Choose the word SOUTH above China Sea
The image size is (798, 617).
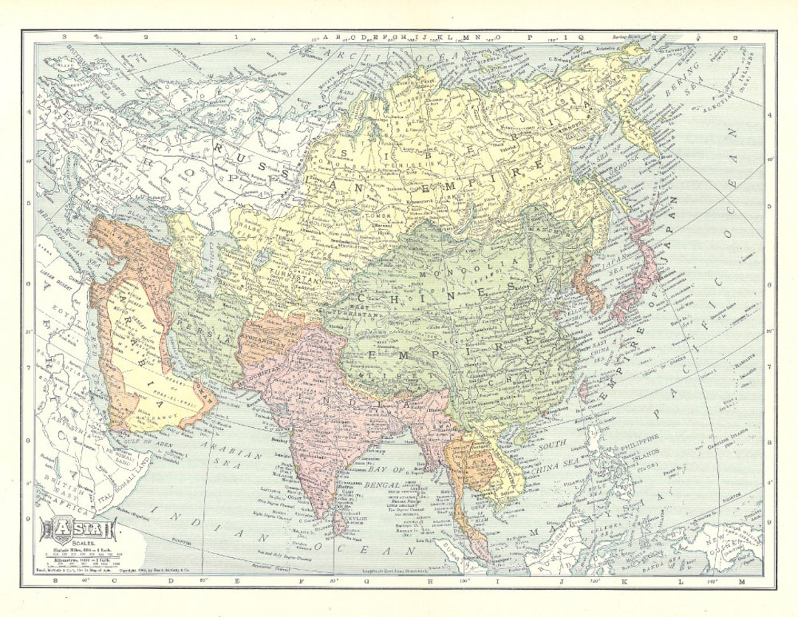pos(550,447)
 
